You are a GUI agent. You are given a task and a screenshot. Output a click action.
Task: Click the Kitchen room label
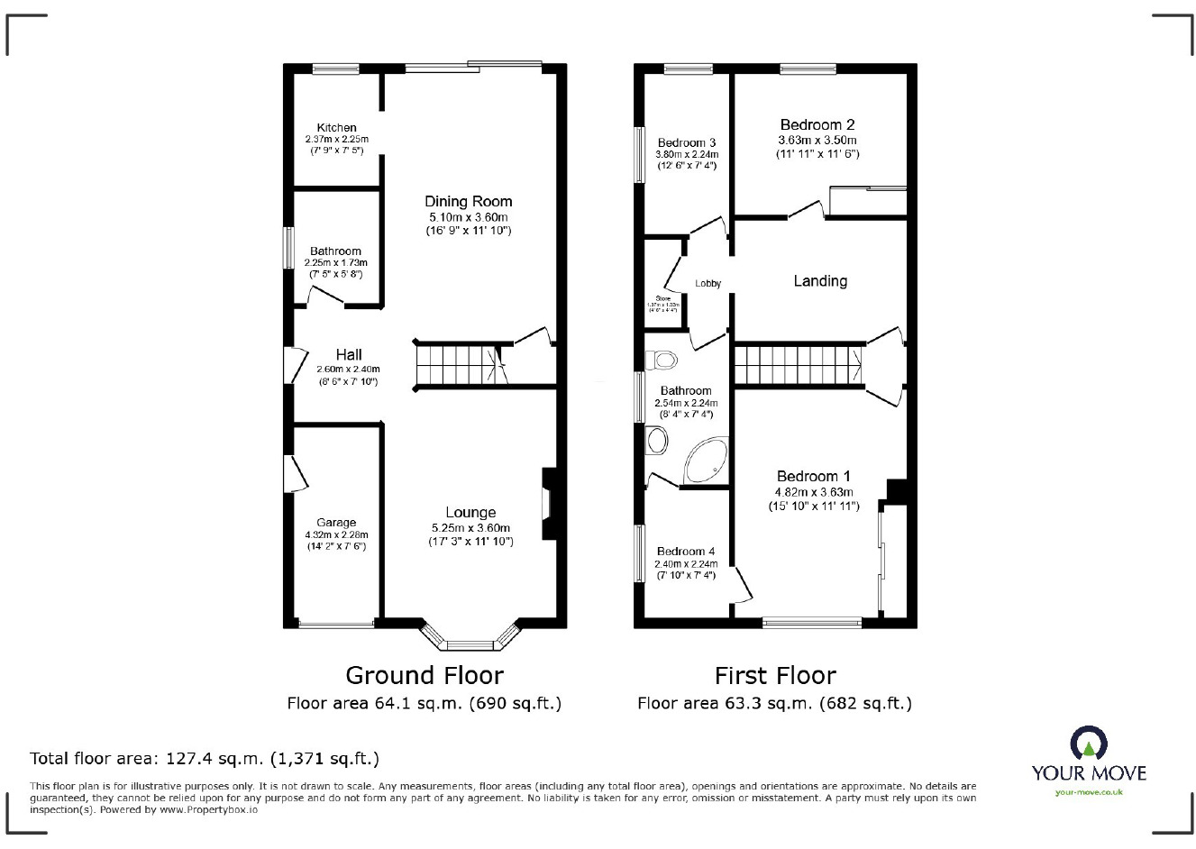[x=336, y=128]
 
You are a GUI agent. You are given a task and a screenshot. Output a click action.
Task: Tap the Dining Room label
[x=468, y=202]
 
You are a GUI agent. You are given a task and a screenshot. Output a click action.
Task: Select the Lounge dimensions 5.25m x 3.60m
[x=470, y=528]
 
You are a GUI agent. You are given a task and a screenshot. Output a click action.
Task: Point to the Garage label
[x=336, y=523]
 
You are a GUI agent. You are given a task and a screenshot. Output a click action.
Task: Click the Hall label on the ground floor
[x=349, y=354]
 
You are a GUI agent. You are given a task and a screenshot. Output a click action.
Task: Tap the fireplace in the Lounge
[x=549, y=505]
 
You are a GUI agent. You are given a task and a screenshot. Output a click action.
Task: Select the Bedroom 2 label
[x=817, y=125]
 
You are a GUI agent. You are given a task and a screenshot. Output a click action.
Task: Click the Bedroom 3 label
[x=687, y=142]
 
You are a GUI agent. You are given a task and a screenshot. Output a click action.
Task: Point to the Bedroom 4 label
[x=686, y=552]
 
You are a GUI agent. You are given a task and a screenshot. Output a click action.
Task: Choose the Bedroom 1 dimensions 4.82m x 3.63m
[x=814, y=492]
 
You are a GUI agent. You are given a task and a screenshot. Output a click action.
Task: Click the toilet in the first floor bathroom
[x=663, y=361]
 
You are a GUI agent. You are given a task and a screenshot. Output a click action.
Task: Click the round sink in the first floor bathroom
[x=656, y=442]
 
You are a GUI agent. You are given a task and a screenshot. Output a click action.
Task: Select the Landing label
[x=819, y=281]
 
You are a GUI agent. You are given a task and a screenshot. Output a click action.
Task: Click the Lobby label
[x=708, y=284]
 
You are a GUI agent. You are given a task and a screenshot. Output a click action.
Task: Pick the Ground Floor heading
[x=425, y=675]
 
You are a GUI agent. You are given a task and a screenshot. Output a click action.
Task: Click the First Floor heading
[x=775, y=675]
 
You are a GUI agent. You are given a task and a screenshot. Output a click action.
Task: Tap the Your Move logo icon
[x=1089, y=744]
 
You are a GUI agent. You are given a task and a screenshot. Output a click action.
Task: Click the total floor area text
[x=205, y=758]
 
